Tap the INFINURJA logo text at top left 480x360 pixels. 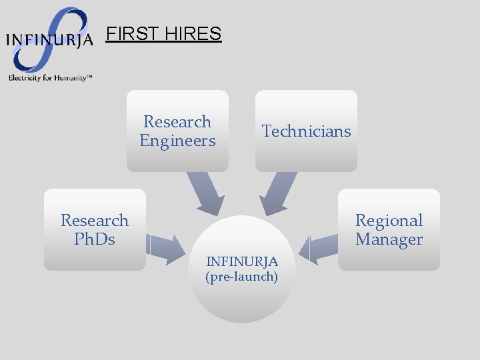49,39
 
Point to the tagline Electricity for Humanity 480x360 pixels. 49,77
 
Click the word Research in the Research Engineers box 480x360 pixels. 177,122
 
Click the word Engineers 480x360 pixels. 177,141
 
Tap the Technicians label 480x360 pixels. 306,131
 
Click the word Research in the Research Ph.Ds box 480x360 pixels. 95,220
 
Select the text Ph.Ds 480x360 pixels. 95,239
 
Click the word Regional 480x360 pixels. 389,220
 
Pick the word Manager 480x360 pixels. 389,239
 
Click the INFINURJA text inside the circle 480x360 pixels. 242,261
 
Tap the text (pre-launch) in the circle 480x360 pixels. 242,276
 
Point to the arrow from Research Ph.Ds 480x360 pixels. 165,246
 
